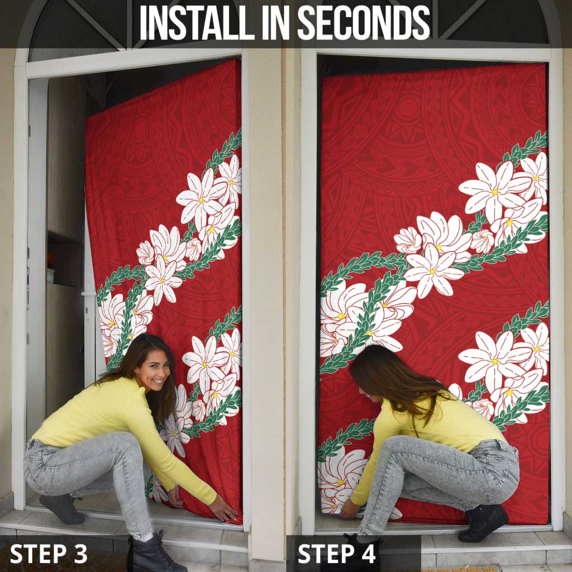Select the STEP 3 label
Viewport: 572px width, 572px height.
click(x=49, y=554)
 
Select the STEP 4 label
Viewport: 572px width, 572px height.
click(x=337, y=554)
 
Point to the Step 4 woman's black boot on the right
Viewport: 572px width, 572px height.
click(x=483, y=523)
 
